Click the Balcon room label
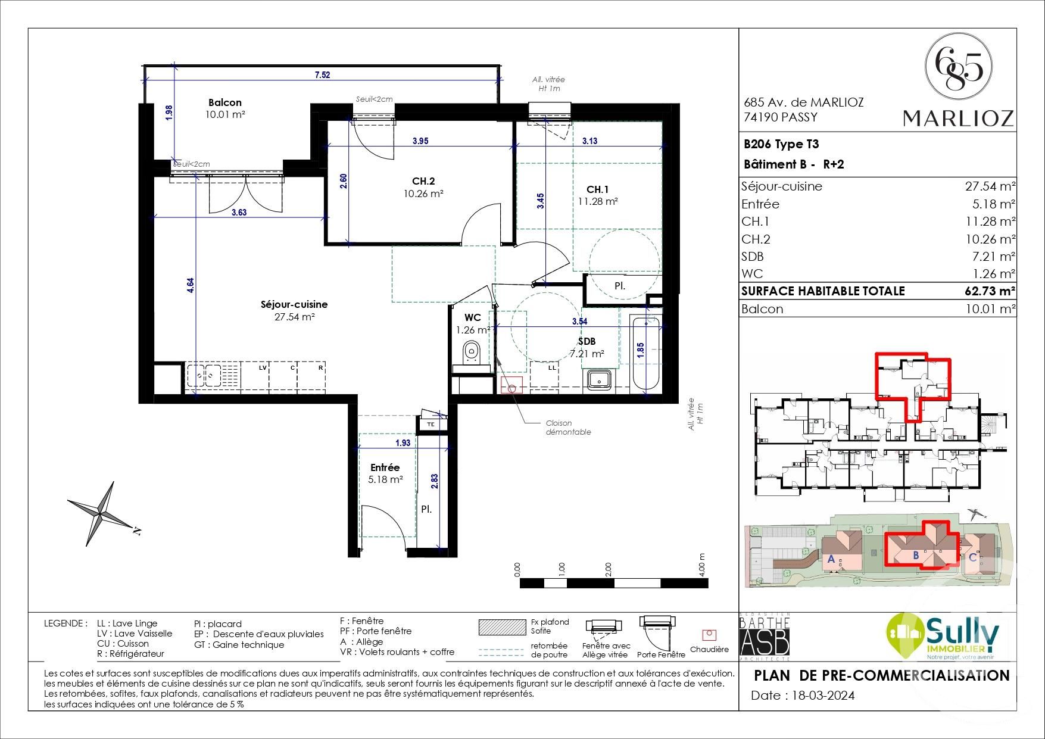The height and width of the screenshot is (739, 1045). point(224,102)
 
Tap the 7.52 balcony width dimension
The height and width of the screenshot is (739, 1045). point(322,74)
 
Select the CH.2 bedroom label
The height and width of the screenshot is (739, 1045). point(423,181)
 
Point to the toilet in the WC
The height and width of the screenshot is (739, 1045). point(472,352)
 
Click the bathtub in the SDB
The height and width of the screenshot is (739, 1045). point(645,355)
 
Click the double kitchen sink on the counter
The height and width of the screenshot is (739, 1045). point(203,376)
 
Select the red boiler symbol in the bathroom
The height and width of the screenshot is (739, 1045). point(511,385)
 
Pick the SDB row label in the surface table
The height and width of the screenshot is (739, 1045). point(753,257)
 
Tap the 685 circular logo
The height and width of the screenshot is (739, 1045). point(958,66)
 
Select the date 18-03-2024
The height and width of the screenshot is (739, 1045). point(821,696)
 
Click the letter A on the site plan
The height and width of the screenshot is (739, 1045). point(831,559)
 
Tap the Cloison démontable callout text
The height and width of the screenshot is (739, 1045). point(568,428)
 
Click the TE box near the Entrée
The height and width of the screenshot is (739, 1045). point(431,424)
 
